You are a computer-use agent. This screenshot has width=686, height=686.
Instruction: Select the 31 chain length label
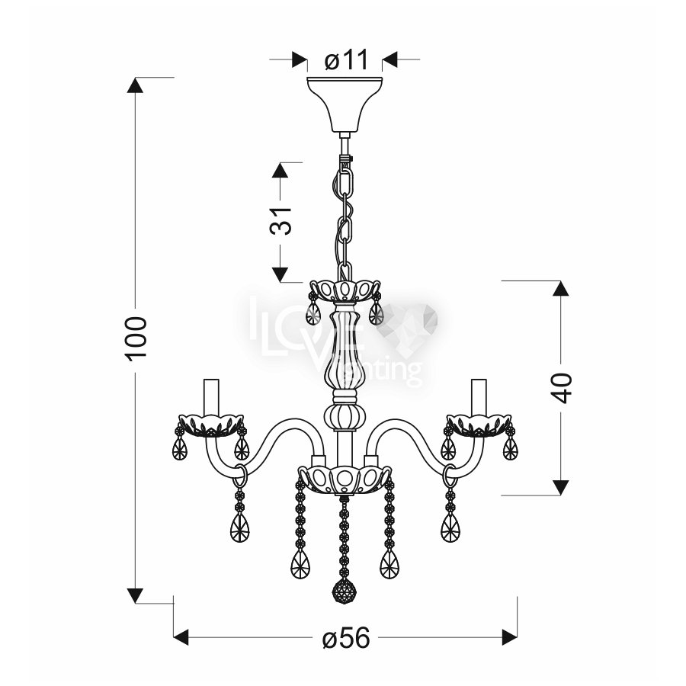[x=280, y=221]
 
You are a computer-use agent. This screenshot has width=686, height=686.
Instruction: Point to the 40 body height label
[x=560, y=388]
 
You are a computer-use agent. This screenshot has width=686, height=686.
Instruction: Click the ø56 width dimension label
[x=346, y=637]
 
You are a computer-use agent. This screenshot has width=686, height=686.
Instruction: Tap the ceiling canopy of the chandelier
[x=345, y=104]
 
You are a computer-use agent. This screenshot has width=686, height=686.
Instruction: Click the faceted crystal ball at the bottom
[x=344, y=592]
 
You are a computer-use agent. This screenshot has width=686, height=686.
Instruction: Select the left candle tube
[x=211, y=396]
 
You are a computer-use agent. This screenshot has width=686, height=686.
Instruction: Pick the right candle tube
[x=478, y=396]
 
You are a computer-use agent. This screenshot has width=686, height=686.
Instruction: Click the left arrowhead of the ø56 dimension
[x=181, y=637]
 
